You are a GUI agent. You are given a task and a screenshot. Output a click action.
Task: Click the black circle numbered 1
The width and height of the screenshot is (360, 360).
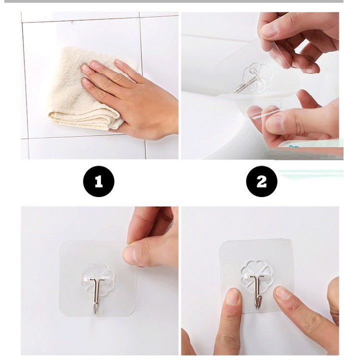[98, 181]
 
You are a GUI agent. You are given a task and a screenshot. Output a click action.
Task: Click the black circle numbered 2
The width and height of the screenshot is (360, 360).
[261, 181]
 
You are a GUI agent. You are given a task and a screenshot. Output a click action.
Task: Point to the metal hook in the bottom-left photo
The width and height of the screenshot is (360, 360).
[97, 292]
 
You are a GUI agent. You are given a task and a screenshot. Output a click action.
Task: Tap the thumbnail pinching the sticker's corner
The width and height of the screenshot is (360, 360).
[129, 256]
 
